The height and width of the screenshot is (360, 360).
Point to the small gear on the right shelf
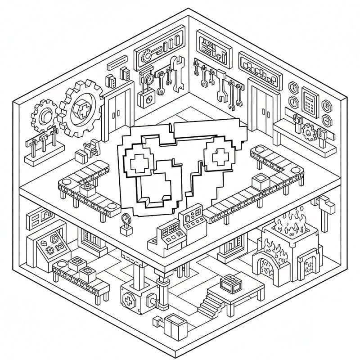pos(309,131)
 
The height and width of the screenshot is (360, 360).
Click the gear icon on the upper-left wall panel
pos(147,56)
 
